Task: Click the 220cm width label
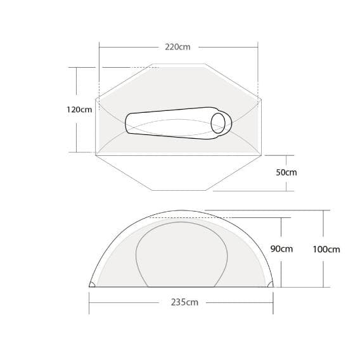177,46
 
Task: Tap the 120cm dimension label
79,109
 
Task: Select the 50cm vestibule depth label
286,172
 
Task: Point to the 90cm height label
281,249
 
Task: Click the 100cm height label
326,249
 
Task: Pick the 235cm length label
184,302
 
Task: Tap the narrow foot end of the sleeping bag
129,122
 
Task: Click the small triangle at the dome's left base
93,285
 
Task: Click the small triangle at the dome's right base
272,285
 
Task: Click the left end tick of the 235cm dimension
89,302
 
